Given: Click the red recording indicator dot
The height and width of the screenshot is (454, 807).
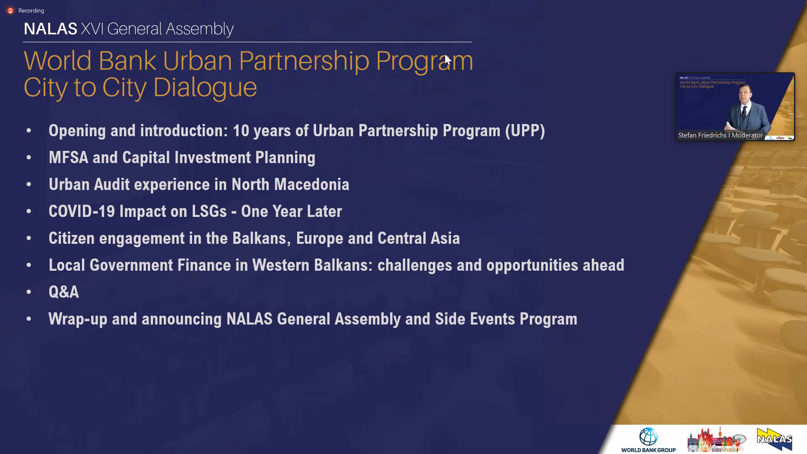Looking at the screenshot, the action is pyautogui.click(x=11, y=11).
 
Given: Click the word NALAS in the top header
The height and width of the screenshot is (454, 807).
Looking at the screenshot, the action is pyautogui.click(x=50, y=29).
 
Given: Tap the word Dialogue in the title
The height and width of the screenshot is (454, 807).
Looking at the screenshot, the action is pyautogui.click(x=205, y=88).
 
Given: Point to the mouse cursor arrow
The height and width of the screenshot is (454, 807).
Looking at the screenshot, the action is pyautogui.click(x=448, y=60).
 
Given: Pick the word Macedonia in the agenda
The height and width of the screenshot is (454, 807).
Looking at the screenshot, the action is pyautogui.click(x=311, y=185).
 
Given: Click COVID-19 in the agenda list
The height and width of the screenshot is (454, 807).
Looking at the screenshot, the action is pyautogui.click(x=82, y=211).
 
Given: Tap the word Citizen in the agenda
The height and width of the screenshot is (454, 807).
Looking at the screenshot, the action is pyautogui.click(x=72, y=238).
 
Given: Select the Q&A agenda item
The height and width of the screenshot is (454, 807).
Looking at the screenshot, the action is pyautogui.click(x=64, y=292).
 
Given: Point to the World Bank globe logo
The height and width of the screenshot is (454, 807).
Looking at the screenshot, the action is pyautogui.click(x=649, y=437).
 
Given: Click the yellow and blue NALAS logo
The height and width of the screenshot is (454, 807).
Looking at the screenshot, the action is pyautogui.click(x=775, y=439).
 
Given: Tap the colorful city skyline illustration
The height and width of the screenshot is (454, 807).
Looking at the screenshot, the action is pyautogui.click(x=717, y=440).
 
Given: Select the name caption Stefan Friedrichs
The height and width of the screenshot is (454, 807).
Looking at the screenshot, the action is pyautogui.click(x=702, y=135).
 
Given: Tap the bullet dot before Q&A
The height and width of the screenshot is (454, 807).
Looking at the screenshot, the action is pyautogui.click(x=29, y=292).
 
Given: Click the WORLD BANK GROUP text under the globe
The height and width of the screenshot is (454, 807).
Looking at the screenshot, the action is pyautogui.click(x=649, y=450).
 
